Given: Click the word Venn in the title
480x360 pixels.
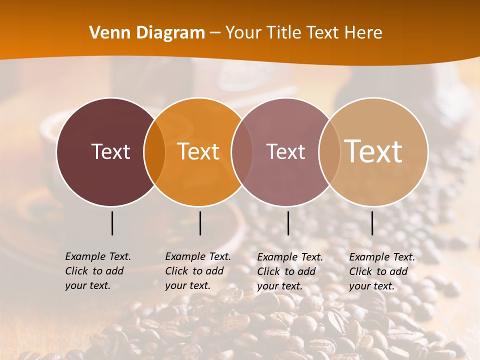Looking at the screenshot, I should click(x=110, y=33).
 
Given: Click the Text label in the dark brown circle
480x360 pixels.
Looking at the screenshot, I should click(x=110, y=151).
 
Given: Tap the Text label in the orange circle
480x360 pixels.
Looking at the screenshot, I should click(x=198, y=151).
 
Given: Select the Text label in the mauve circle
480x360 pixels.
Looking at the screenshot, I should click(x=285, y=151).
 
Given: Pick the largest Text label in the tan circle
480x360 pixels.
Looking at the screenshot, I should click(x=373, y=151).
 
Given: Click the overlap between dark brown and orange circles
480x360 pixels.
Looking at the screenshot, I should click(x=154, y=152).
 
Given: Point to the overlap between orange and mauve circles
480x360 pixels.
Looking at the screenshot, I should click(x=242, y=152).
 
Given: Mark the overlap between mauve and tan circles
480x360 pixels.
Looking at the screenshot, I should click(x=329, y=152).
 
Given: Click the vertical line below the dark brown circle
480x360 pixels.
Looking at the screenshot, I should click(x=112, y=223).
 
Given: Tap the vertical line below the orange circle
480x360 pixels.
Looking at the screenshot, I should click(x=200, y=223).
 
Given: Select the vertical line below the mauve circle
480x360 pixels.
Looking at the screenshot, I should click(x=288, y=223).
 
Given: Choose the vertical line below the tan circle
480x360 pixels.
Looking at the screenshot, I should click(x=372, y=223).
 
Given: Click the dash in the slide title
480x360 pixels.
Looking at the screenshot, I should click(x=215, y=33).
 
